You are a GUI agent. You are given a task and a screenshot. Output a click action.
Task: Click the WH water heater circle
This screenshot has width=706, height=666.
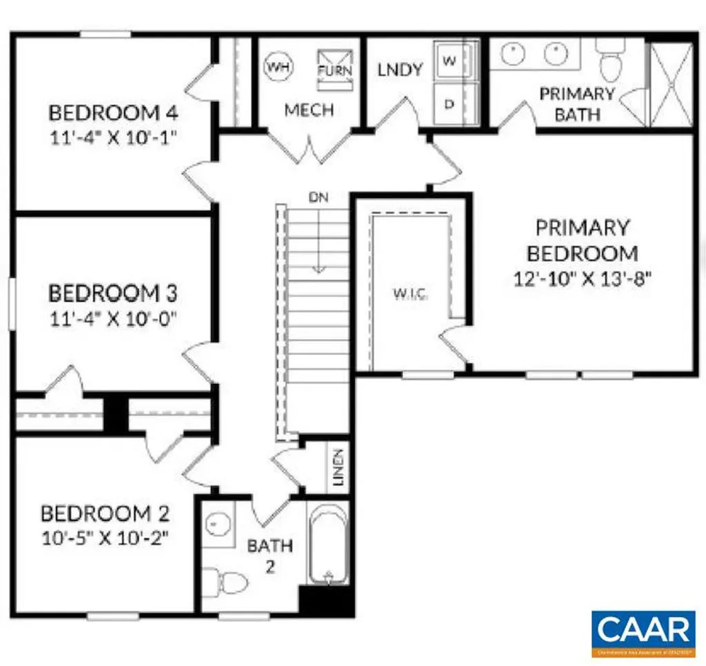(x=277, y=67)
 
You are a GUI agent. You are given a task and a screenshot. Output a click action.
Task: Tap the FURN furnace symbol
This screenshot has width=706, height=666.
(x=334, y=70)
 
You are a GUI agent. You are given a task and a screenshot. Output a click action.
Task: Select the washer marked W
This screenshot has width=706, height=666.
(x=450, y=61)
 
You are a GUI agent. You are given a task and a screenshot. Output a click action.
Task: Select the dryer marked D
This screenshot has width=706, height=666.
(x=450, y=104)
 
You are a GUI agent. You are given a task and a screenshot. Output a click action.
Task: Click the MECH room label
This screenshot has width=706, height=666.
(x=310, y=110)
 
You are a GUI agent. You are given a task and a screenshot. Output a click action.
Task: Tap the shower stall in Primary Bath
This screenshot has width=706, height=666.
(x=672, y=83)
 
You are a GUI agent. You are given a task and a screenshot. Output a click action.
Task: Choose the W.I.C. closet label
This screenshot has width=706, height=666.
(x=410, y=294)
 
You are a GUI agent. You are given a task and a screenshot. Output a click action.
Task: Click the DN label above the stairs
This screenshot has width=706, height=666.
(x=319, y=197)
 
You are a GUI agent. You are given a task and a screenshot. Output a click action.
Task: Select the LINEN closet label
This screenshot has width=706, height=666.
(x=338, y=467)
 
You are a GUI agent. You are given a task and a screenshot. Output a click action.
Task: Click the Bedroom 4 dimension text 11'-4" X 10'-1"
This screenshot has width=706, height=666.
(x=113, y=136)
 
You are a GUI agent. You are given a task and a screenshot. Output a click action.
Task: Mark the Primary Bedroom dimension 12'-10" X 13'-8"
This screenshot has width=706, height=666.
(x=583, y=279)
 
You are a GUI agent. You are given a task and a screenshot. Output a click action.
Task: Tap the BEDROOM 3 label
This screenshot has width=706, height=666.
(x=113, y=293)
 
